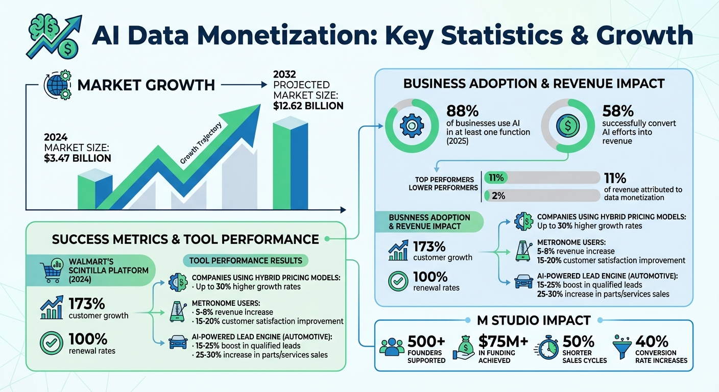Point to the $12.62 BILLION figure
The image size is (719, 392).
coord(308,106)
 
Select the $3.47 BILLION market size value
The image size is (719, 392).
coord(78,158)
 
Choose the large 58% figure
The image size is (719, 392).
coord(618,111)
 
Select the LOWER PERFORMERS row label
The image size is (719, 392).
coord(443,188)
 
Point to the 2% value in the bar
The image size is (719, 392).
coord(498,195)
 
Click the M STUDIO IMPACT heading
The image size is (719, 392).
coord(533,321)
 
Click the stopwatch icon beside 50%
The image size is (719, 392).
coord(547,349)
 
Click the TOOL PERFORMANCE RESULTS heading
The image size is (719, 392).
coord(246,261)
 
